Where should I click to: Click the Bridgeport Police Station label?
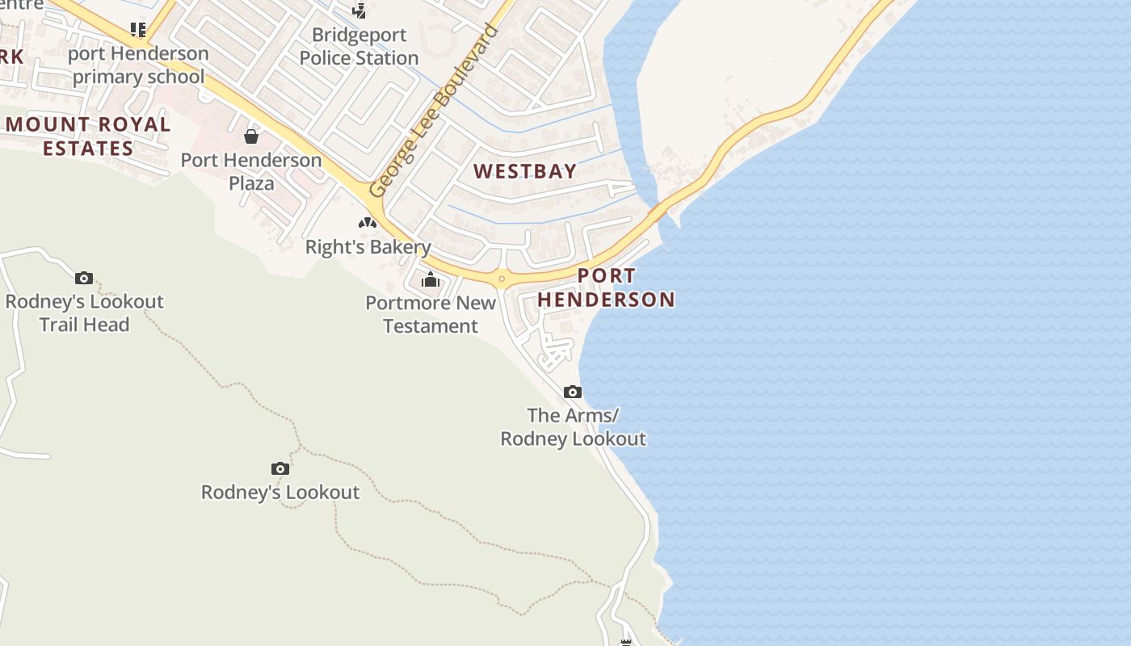coord(359,47)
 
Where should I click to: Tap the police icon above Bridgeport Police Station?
coord(359,10)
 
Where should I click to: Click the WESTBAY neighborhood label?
coord(525,171)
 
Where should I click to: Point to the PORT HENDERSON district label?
coord(607,287)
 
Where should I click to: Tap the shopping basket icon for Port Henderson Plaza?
coord(251,136)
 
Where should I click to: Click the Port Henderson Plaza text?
coord(251,171)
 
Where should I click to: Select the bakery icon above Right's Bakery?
coord(368,222)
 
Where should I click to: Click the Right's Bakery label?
coord(368,247)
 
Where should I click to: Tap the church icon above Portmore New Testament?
coord(431,279)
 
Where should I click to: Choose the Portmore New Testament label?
coord(431,314)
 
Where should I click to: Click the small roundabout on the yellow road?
coord(502,280)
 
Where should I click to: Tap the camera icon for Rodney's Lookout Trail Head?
coord(84,279)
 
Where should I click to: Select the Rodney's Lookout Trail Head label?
coord(85,313)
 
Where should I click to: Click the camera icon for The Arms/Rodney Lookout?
coord(573,392)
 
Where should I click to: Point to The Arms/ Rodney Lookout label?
coord(573,427)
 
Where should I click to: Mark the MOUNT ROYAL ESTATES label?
coord(88,136)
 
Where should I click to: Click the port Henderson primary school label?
coord(138,65)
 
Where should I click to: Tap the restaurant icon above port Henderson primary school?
coord(138,30)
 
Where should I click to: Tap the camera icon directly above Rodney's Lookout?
coord(280,468)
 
